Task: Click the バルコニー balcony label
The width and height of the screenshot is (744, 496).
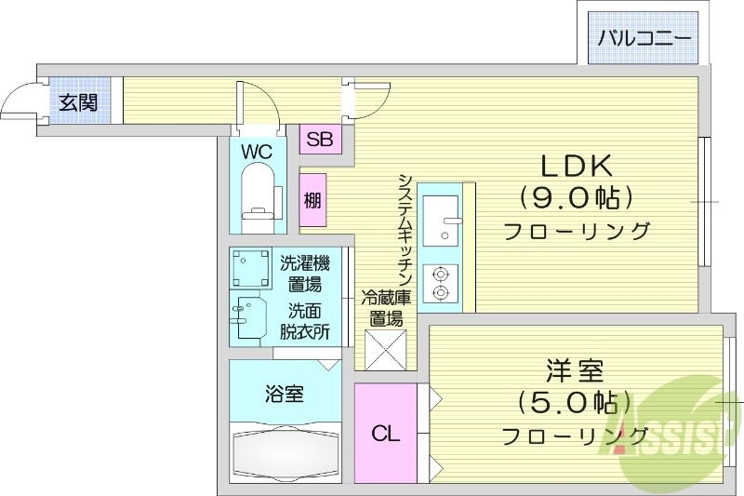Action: [x=644, y=39]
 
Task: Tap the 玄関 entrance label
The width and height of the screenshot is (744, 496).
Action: [x=79, y=102]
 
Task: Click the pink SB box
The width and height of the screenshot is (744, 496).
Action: [x=320, y=141]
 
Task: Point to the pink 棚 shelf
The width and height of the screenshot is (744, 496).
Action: [x=312, y=200]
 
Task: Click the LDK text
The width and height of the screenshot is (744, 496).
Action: [x=577, y=167]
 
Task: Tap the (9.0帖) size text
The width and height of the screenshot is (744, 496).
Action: [x=577, y=197]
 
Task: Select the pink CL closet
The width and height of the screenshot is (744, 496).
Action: [x=385, y=434]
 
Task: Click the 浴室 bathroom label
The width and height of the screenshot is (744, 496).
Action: [x=284, y=394]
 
